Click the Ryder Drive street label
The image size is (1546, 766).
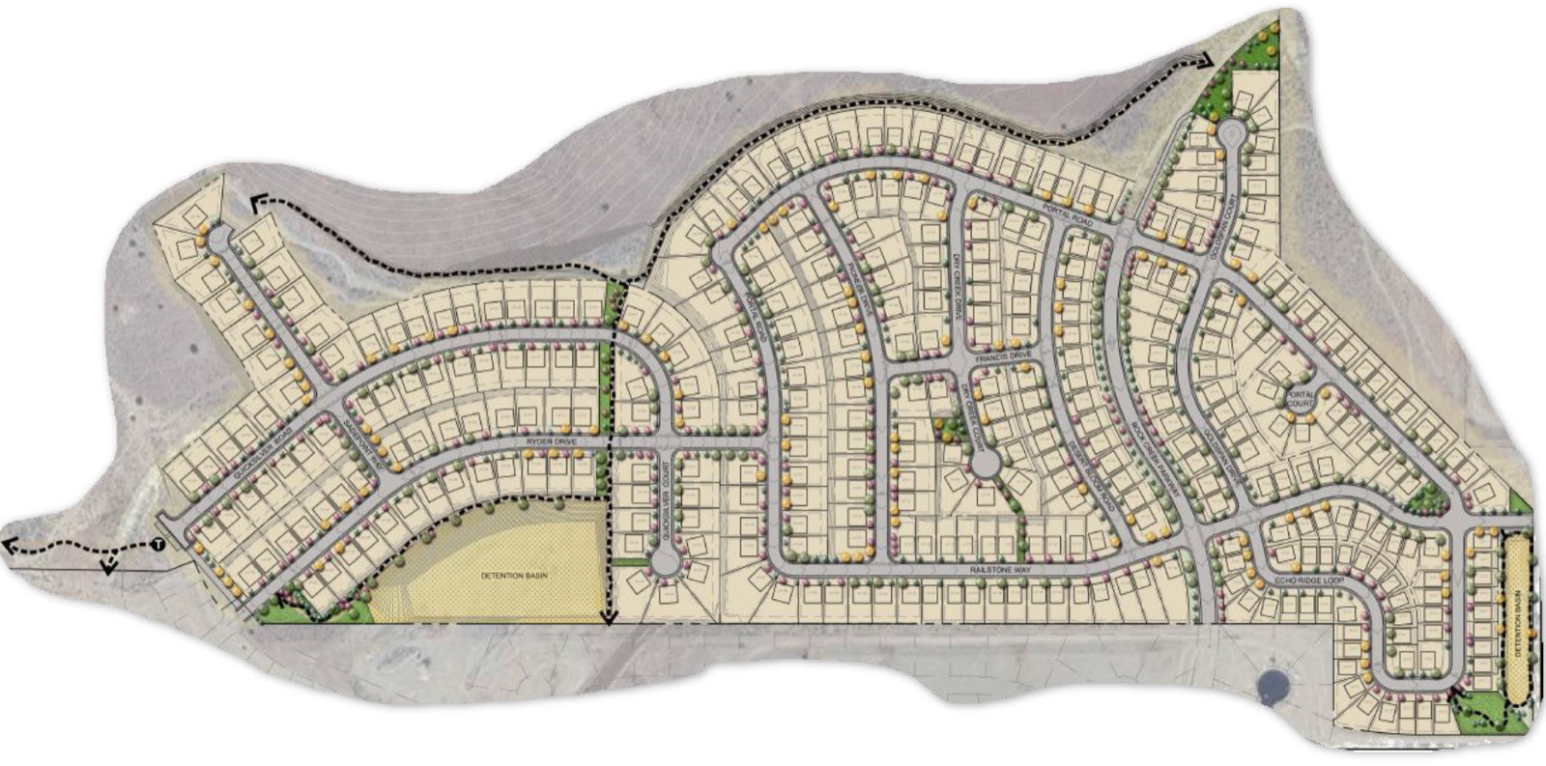click(550, 441)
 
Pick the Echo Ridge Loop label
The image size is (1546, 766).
click(1309, 580)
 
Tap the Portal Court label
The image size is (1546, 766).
click(1300, 399)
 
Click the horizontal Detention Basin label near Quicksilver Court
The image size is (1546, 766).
click(514, 576)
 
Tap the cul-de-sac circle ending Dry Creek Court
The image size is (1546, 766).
click(985, 466)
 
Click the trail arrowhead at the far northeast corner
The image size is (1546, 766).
click(1207, 61)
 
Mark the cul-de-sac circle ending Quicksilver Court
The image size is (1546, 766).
click(664, 561)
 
